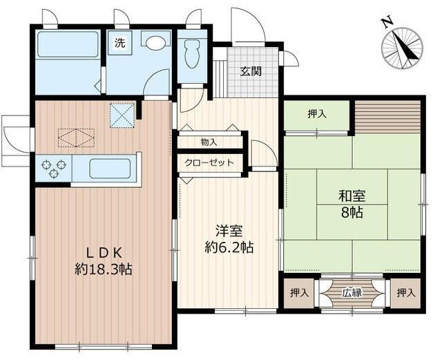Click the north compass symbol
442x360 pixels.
click(x=403, y=46)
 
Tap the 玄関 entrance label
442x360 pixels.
click(x=251, y=71)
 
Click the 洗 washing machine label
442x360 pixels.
click(x=120, y=42)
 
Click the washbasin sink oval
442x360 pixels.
click(x=155, y=41)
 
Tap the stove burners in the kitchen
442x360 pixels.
click(x=53, y=167)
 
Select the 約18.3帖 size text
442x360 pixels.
click(x=104, y=269)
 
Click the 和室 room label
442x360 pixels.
click(x=352, y=196)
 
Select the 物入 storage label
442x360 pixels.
click(x=209, y=142)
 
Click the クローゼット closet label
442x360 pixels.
click(x=209, y=163)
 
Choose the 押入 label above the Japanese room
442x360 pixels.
click(x=317, y=114)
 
